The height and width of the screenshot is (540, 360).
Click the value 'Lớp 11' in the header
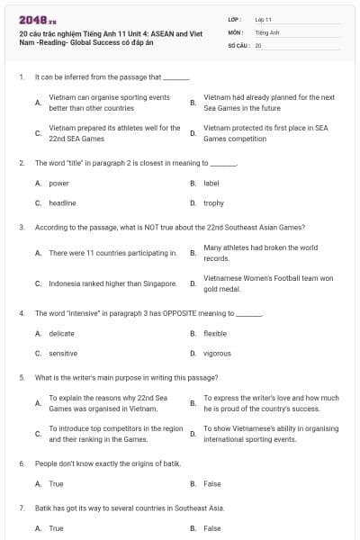pos(263,18)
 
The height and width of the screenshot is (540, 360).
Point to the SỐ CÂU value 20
pos(258,44)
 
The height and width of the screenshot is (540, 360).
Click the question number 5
pos(22,377)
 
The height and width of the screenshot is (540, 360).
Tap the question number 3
pos(22,227)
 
